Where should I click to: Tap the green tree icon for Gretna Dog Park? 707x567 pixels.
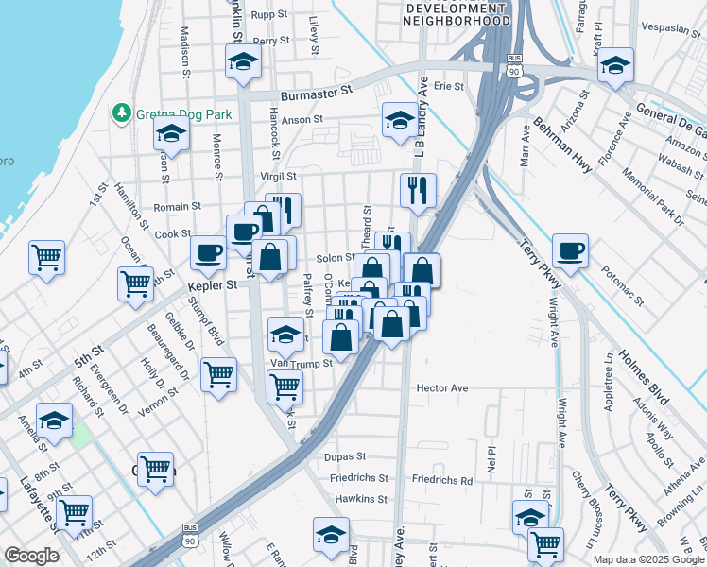[x=121, y=113]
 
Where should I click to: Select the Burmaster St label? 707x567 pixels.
[x=315, y=94]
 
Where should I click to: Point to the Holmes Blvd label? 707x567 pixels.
[x=644, y=377]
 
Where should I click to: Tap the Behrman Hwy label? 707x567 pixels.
[x=561, y=144]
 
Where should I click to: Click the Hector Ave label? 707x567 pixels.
[x=443, y=387]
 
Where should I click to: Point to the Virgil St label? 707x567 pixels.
[x=278, y=176]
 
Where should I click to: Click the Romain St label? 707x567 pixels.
[x=178, y=205]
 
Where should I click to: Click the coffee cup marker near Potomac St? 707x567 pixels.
[x=570, y=251]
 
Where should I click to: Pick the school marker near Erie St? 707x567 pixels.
[x=399, y=120]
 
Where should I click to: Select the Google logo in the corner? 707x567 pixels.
[x=31, y=556]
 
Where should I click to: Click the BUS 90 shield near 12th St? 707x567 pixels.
[x=191, y=533]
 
